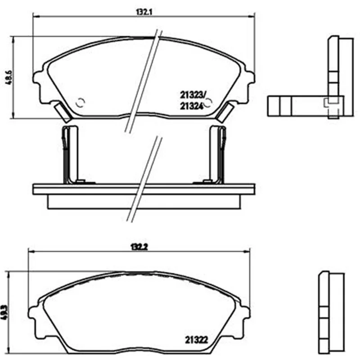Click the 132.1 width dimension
click(x=144, y=12)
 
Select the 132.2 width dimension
click(x=139, y=247)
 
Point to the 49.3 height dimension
click(x=4, y=313)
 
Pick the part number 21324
click(x=192, y=106)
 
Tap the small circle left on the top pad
click(x=81, y=103)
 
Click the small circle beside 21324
click(x=208, y=103)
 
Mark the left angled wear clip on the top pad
click(x=63, y=112)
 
